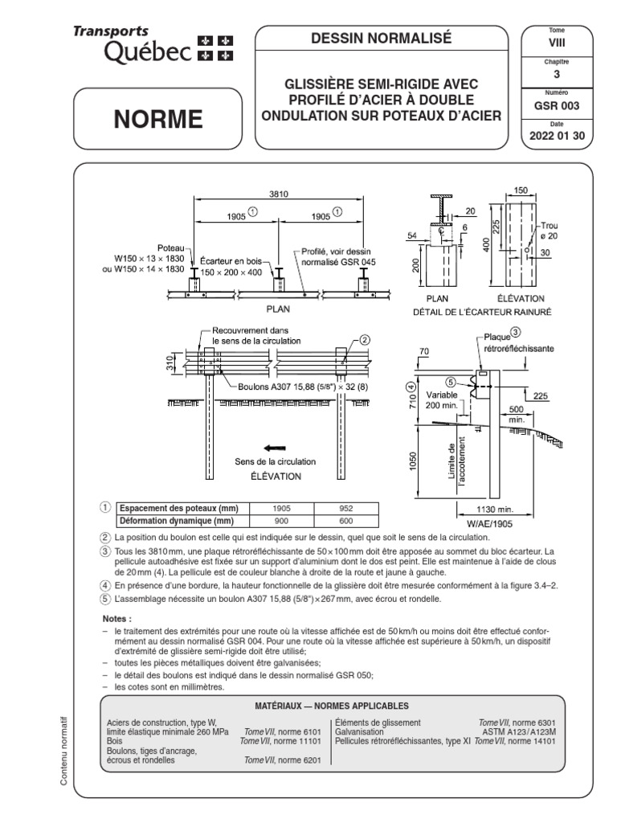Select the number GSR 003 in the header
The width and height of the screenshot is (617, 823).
(557, 105)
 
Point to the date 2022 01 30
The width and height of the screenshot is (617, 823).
(557, 136)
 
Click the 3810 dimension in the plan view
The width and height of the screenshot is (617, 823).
(279, 193)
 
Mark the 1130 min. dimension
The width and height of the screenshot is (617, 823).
(485, 509)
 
